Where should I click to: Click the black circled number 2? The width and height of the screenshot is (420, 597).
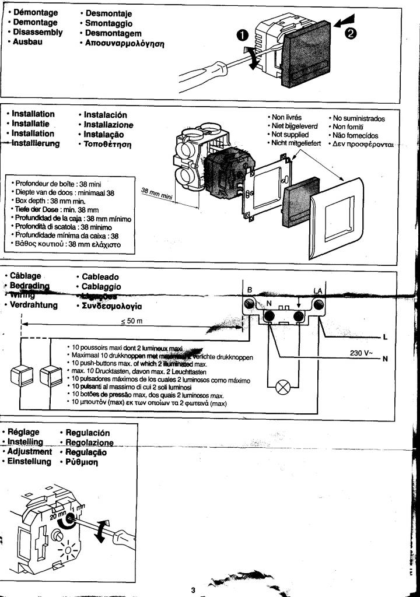point(350,33)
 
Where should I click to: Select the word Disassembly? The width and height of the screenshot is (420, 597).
point(38,32)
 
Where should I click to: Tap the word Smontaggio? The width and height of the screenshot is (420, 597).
point(109,23)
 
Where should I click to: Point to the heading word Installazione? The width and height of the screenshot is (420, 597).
point(108,125)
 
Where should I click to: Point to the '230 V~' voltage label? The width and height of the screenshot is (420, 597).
point(361,353)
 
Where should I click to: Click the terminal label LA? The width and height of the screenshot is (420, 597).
point(318,290)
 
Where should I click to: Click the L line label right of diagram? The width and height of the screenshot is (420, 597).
point(385,337)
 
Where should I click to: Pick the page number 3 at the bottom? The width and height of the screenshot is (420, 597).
point(193,590)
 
